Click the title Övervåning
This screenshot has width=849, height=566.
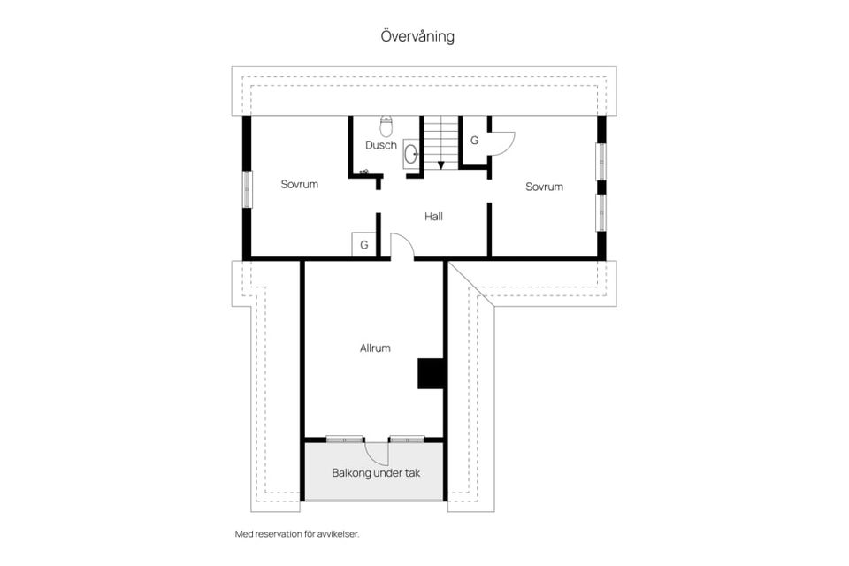click(x=417, y=36)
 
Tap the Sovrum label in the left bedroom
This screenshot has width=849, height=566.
click(x=300, y=184)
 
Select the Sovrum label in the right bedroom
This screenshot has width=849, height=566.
click(x=544, y=187)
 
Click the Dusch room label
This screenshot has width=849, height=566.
click(x=381, y=145)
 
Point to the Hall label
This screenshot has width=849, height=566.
click(x=433, y=217)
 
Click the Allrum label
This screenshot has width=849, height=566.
click(x=375, y=348)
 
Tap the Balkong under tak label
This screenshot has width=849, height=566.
click(x=376, y=473)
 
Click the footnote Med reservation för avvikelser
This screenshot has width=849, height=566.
click(x=297, y=534)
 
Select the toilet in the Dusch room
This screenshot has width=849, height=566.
click(x=386, y=126)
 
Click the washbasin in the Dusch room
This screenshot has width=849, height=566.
click(x=411, y=153)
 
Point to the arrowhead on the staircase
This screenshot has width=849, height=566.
click(x=441, y=164)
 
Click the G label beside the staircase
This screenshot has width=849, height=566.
click(x=474, y=141)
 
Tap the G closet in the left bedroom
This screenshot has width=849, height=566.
click(x=363, y=244)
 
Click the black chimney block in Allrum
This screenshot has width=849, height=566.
click(x=431, y=374)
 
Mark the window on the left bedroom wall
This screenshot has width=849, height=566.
click(x=247, y=189)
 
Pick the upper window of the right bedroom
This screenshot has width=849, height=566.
click(x=601, y=161)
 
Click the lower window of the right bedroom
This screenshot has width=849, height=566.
click(x=601, y=212)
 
